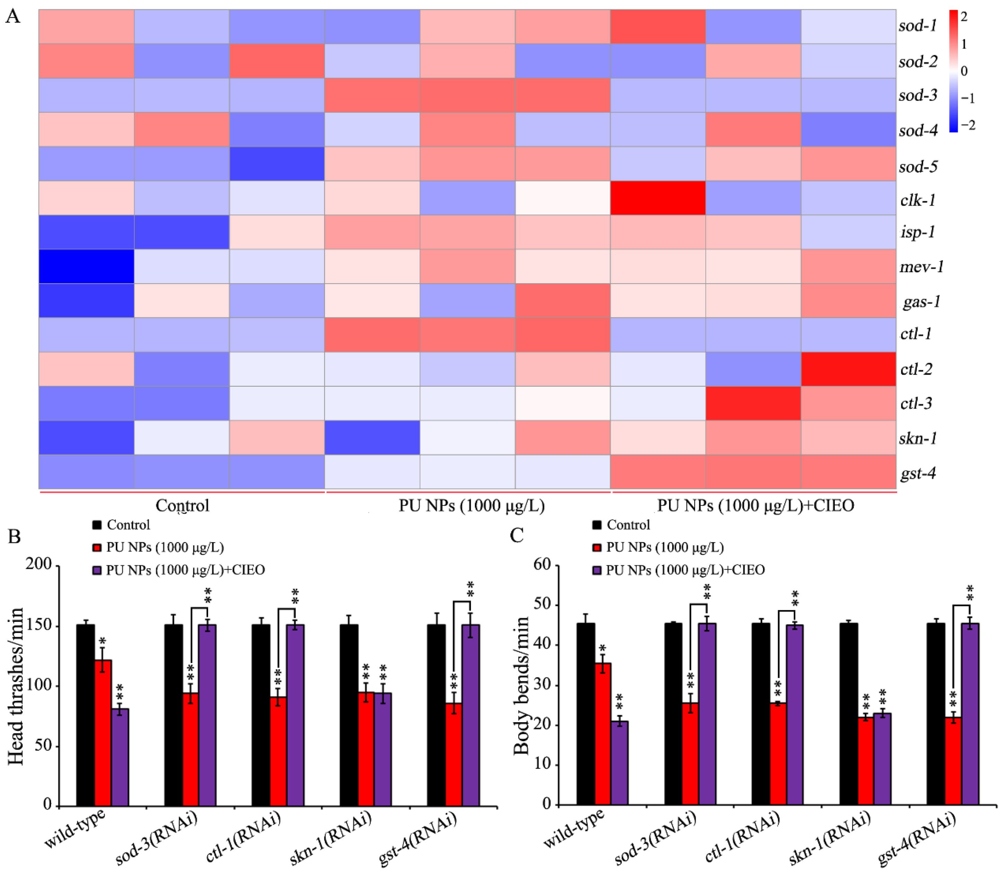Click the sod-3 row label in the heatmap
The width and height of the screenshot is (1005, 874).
(x=918, y=95)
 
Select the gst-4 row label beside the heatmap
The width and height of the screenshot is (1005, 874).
(x=918, y=473)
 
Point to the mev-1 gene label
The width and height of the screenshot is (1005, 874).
(x=921, y=267)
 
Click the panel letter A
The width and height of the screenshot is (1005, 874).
(x=13, y=17)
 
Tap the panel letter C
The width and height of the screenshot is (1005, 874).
(x=517, y=535)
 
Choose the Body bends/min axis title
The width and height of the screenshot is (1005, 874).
(x=521, y=685)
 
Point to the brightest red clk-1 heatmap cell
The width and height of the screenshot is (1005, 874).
(x=658, y=198)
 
